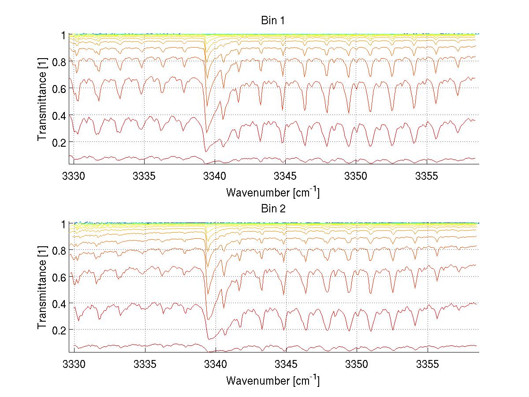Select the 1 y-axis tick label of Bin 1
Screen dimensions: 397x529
coord(63,35)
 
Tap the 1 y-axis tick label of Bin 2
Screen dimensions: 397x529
coord(63,224)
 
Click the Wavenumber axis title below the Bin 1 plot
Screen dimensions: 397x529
coord(272,192)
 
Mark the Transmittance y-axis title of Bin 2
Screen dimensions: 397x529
coord(42,288)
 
